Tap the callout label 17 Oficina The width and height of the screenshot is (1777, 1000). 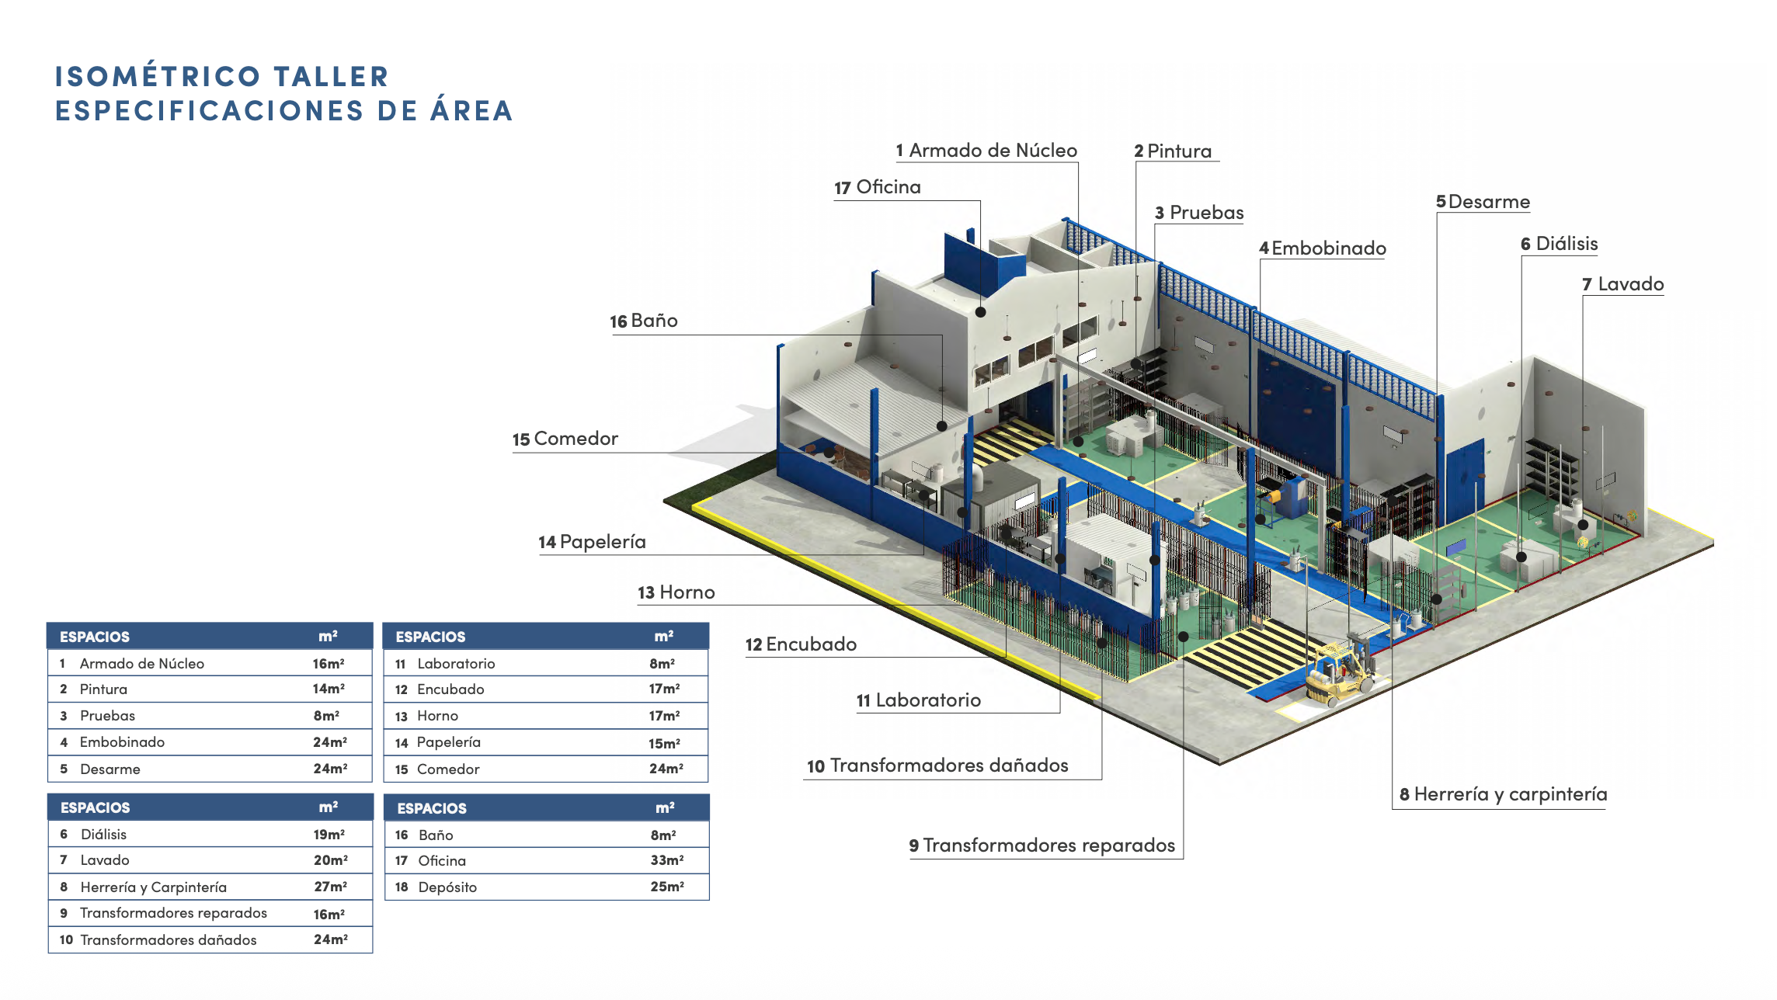878,188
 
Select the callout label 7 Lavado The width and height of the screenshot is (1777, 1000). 1623,285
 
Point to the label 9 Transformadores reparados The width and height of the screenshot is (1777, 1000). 1042,845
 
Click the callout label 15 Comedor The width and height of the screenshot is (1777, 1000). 565,439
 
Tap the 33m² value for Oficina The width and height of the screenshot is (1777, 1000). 666,860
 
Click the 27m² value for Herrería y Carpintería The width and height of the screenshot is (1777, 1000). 330,887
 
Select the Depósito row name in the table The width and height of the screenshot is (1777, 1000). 447,887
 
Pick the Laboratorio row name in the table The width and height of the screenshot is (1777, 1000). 456,664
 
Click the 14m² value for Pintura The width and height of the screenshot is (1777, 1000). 329,689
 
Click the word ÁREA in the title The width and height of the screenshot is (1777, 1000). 471,111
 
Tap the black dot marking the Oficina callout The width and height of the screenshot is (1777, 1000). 981,312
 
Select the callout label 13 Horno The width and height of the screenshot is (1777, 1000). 676,593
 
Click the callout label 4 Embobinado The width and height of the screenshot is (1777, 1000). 1323,248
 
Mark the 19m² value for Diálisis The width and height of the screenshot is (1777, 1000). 329,835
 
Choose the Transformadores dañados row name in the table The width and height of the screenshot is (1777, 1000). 168,939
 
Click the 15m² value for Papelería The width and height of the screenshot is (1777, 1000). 664,743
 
